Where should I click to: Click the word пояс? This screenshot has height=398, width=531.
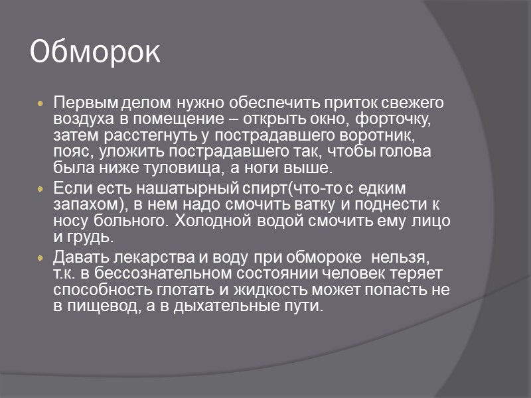point(70,152)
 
